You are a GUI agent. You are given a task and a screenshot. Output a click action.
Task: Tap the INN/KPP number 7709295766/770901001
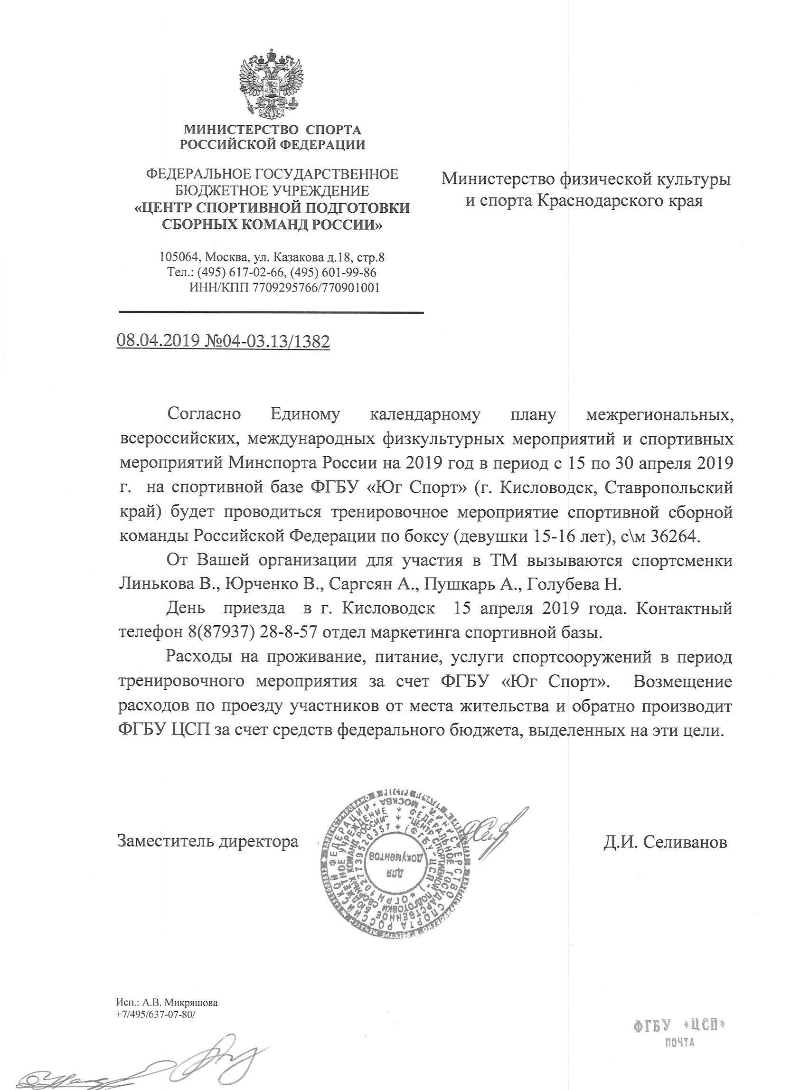pyautogui.click(x=316, y=288)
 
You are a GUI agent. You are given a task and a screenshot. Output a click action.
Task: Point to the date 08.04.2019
pyautogui.click(x=158, y=341)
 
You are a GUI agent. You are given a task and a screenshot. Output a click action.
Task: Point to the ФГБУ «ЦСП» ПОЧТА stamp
pyautogui.click(x=679, y=1030)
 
